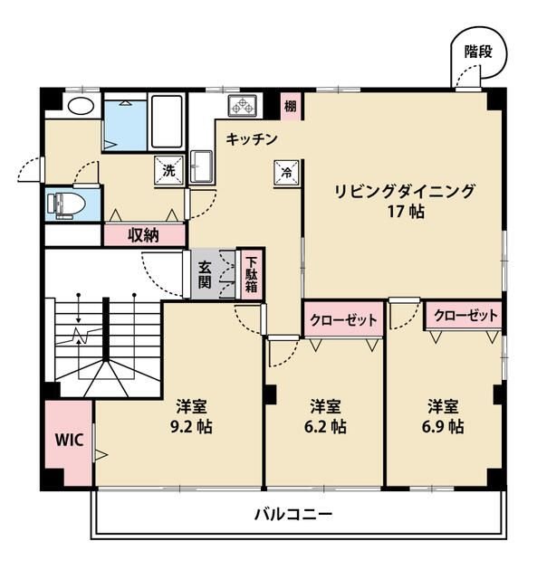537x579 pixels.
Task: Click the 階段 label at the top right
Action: (478, 52)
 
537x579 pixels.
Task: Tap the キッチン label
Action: (251, 139)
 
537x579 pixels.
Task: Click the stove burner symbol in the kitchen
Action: (244, 106)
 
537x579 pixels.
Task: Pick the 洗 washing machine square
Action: (169, 170)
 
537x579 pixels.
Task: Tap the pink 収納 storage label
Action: (143, 235)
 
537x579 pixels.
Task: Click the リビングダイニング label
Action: (404, 191)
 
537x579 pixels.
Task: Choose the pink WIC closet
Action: (69, 441)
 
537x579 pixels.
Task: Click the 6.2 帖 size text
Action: (324, 425)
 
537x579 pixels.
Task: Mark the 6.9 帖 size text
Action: (444, 425)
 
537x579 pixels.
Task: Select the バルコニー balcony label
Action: (292, 515)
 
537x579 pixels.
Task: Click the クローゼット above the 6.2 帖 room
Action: (342, 319)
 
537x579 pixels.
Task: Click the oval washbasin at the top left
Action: (80, 105)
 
